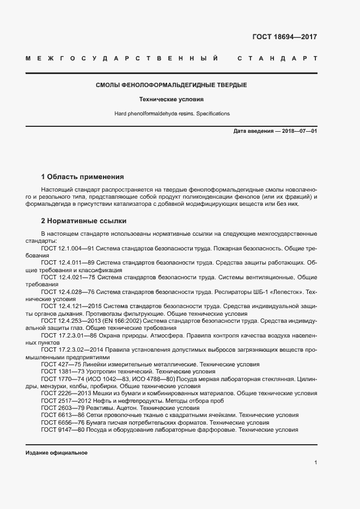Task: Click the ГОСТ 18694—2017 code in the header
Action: pos(284,37)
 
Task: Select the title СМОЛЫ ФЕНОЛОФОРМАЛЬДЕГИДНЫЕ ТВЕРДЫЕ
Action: pos(171,85)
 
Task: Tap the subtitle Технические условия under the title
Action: pos(171,100)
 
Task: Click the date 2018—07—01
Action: pos(297,132)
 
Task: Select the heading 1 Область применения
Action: pos(82,177)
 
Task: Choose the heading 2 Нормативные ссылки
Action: pos(83,221)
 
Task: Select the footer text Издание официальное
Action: pos(57,453)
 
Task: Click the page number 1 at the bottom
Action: pos(315,462)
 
